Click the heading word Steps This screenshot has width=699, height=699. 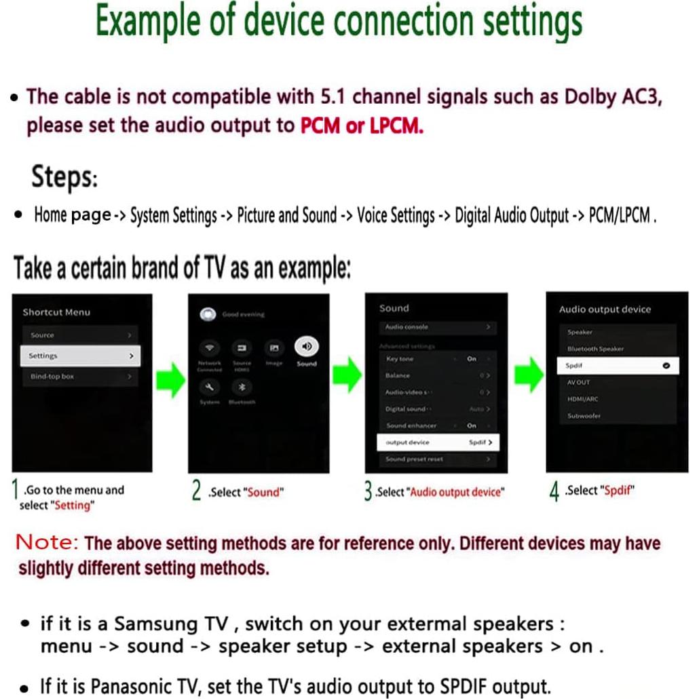coord(64,178)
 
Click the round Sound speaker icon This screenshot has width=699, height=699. coord(307,347)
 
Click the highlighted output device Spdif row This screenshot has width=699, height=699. coord(438,442)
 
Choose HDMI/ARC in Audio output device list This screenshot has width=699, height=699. coord(584,399)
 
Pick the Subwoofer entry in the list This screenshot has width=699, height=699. coord(584,416)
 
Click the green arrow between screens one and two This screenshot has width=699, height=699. coord(170,379)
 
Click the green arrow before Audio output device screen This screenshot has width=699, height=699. coord(528,375)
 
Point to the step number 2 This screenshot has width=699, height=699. coord(196,491)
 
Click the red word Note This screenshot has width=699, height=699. coord(48,542)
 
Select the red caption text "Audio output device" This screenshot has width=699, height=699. coord(457,493)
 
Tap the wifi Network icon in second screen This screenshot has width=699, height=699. coord(210,347)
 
